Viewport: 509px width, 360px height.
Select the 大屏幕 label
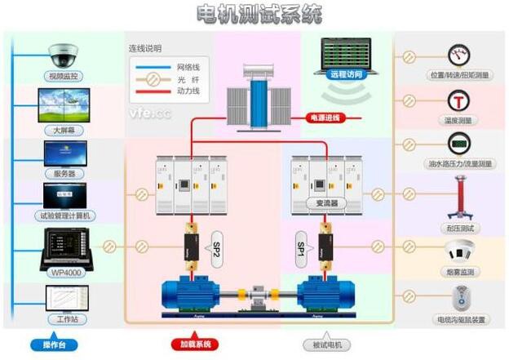coord(64,130)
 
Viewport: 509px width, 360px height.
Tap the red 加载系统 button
coord(194,344)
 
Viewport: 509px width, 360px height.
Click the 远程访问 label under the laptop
coord(343,72)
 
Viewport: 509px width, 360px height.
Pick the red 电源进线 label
coord(325,118)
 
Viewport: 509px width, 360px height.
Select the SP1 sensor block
coord(303,246)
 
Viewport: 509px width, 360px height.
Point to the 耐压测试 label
coord(460,228)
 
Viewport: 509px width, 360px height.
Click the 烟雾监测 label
coord(460,271)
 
